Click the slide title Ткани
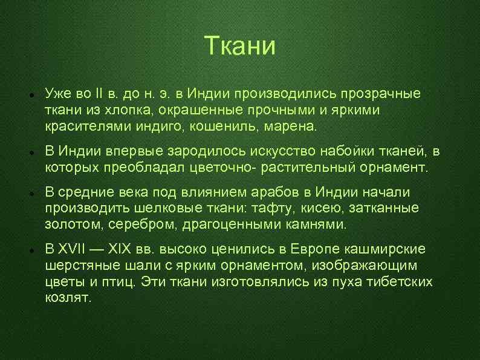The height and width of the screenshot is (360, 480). tap(239, 46)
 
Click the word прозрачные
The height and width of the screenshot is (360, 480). tap(382, 94)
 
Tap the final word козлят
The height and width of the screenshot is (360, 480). tap(68, 298)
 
